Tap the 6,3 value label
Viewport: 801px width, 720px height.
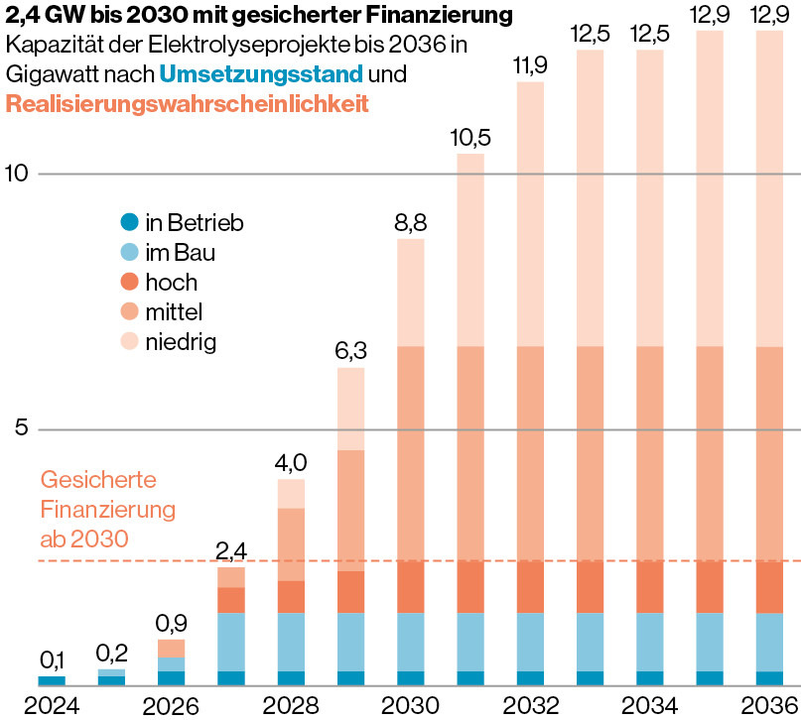tap(351, 350)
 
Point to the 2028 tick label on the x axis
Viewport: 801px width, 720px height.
tap(291, 705)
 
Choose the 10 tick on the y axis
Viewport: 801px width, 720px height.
tap(17, 174)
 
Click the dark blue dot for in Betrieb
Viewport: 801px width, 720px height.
tap(128, 222)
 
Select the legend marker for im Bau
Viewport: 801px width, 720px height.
tap(128, 253)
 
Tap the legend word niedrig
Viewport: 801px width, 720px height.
tap(181, 343)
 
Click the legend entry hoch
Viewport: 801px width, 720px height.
tap(171, 283)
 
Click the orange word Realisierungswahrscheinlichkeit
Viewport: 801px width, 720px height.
tap(187, 103)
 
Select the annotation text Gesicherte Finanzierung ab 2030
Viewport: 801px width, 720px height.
tap(107, 510)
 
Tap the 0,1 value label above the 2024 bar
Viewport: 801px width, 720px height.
tap(52, 660)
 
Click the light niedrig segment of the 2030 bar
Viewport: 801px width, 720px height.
tap(411, 293)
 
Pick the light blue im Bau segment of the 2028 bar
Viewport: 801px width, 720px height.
tap(291, 642)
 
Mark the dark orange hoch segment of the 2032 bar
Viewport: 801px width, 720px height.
tap(531, 587)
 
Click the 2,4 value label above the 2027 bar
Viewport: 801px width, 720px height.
tap(230, 550)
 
